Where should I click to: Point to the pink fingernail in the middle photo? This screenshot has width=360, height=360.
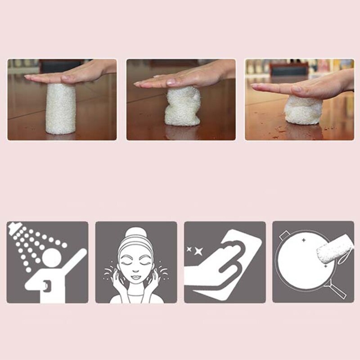coord(171,82)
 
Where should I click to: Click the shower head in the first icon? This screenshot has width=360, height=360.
coord(15,229)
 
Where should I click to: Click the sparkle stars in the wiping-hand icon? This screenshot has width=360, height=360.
coord(197,251)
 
